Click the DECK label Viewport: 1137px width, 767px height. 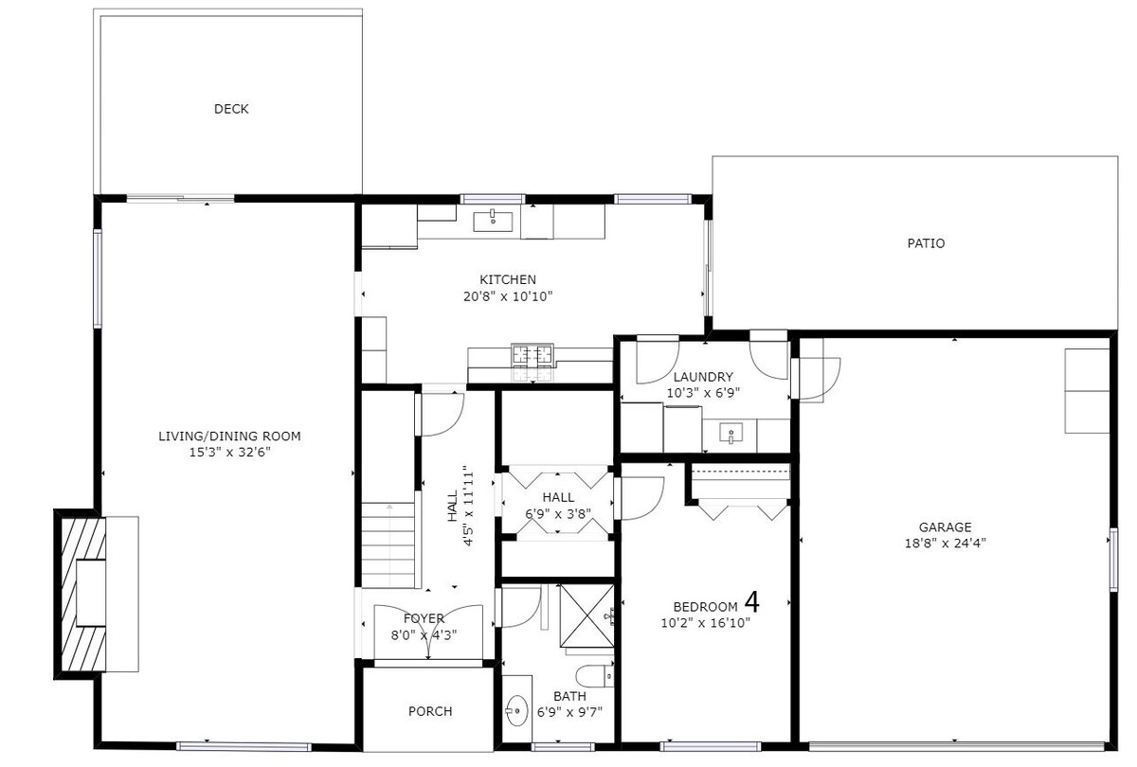coord(231,109)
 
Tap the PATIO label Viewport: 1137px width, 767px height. coord(926,243)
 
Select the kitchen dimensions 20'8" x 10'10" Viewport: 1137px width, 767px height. coord(508,296)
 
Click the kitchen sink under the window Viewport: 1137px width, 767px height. coord(493,222)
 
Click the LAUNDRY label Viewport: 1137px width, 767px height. coord(703,377)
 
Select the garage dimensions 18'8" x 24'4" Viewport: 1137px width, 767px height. coord(946,544)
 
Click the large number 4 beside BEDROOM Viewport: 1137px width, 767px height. coord(752,602)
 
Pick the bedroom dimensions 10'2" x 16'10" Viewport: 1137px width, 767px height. coord(706,623)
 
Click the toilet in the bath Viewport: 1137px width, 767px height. coord(594,676)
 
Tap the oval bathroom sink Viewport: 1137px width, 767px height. coord(516,711)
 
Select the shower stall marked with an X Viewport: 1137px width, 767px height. coord(587,615)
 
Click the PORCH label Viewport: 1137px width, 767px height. coord(430,712)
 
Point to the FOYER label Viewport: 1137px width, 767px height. coord(424,619)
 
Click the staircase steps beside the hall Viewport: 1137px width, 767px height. coord(388,545)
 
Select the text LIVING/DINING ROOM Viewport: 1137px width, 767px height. coord(229,437)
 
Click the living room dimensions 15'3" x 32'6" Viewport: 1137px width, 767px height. coord(229,453)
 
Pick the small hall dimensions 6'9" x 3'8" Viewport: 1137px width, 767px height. coord(558,514)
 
